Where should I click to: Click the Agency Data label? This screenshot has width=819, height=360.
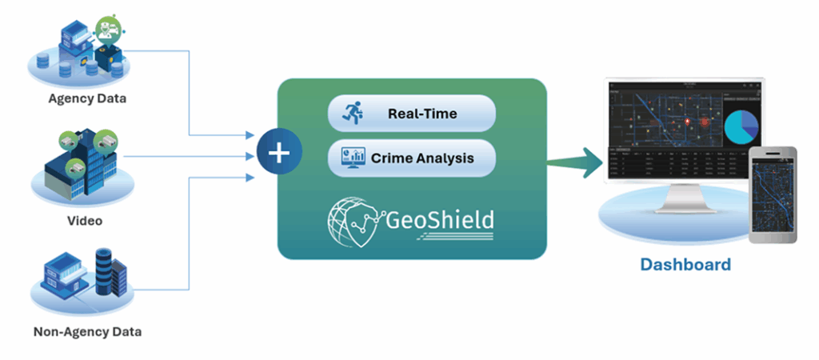(x=88, y=99)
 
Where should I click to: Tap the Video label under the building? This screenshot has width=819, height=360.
(x=88, y=221)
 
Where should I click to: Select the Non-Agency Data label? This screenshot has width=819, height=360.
(x=88, y=330)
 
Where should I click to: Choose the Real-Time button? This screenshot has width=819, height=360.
(x=412, y=114)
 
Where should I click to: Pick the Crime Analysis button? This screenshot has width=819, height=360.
(x=412, y=158)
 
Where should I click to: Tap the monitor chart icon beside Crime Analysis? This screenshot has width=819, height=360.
(x=350, y=158)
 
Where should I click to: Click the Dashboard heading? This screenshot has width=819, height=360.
(x=685, y=265)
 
